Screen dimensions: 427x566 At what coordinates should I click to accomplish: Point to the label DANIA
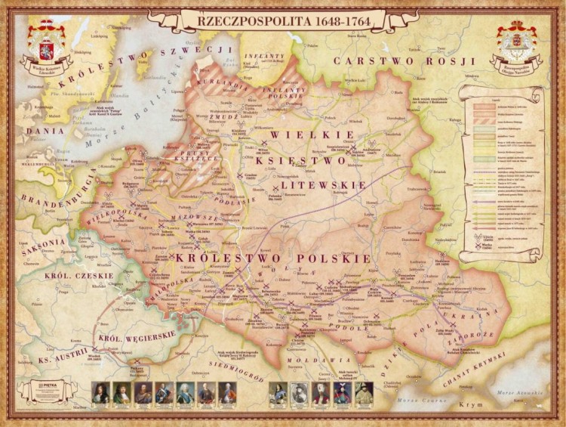(x=35, y=130)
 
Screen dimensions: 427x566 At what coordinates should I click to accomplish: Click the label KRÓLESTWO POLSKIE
(x=273, y=258)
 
